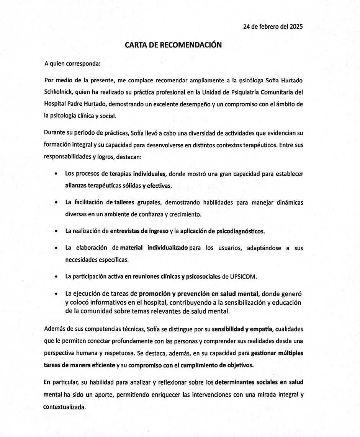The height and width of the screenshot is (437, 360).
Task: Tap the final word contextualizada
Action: pyautogui.click(x=64, y=406)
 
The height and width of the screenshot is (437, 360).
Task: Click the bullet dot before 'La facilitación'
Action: pyautogui.click(x=56, y=203)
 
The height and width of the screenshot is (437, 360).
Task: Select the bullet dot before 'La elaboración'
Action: pyautogui.click(x=56, y=248)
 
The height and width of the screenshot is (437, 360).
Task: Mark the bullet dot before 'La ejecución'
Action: pyautogui.click(x=56, y=294)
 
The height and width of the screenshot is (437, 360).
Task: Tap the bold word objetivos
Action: pyautogui.click(x=240, y=365)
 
